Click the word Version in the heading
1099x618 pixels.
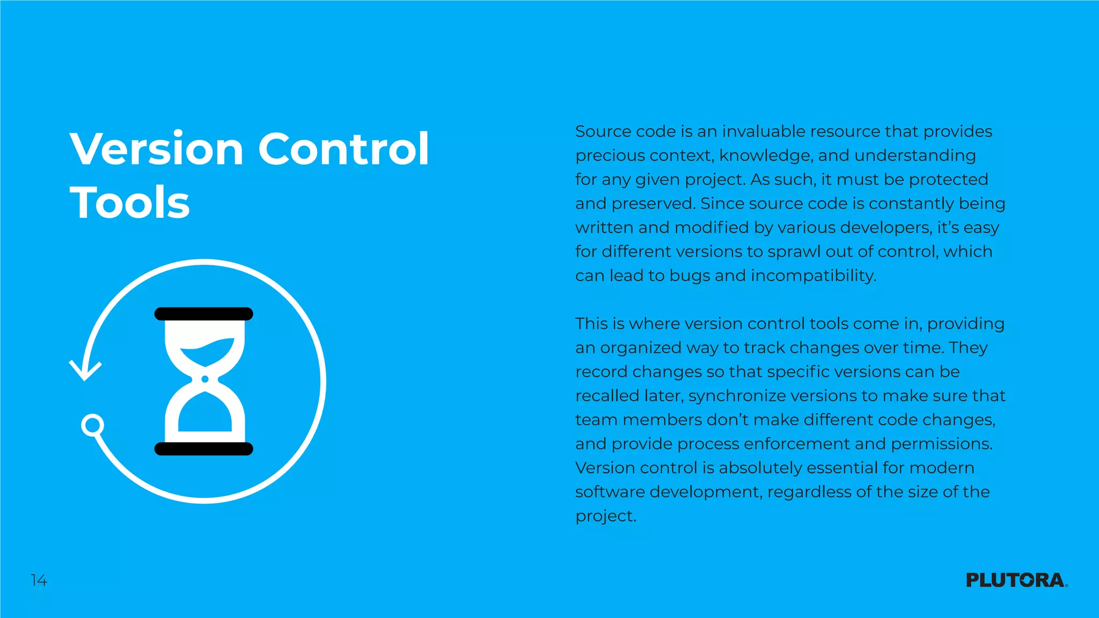(x=157, y=149)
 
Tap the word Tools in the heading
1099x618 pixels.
(x=130, y=203)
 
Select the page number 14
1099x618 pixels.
(x=39, y=580)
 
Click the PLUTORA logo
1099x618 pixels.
(x=1016, y=580)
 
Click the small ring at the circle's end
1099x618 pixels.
(x=93, y=425)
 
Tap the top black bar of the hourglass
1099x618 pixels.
(x=204, y=314)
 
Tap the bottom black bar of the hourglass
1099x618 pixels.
(x=204, y=449)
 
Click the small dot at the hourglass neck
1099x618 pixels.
(x=204, y=379)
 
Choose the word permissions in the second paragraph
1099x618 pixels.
(x=942, y=444)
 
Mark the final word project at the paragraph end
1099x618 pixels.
(x=605, y=516)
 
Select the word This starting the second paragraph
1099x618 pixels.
(x=592, y=323)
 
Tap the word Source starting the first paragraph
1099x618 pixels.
(x=603, y=131)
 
